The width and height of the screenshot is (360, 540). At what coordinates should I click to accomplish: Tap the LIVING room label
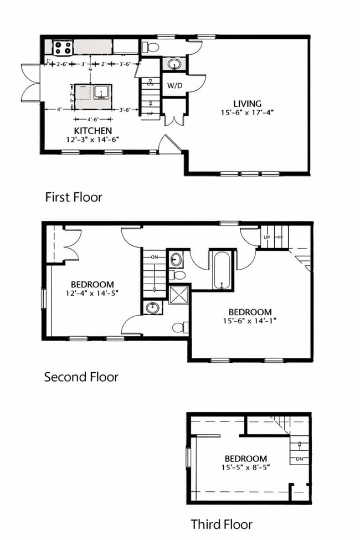coord(246,104)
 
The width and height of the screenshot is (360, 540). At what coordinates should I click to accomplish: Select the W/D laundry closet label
coord(174,86)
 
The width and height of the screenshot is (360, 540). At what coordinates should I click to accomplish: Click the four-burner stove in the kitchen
coord(63,47)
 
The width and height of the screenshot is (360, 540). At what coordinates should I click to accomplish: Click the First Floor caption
coord(73,197)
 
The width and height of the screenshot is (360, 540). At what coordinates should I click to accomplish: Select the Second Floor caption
coord(81,377)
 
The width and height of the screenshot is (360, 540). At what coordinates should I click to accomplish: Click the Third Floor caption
coord(222,524)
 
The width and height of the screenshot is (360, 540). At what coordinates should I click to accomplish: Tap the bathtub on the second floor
coord(222,270)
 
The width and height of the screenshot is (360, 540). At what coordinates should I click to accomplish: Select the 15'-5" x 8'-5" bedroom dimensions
coord(246,467)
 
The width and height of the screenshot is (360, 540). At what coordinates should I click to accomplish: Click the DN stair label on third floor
coord(299,459)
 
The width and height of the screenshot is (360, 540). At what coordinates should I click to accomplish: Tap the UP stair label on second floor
coord(266,237)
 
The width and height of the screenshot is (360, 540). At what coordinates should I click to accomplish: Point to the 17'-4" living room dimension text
coord(263,112)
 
